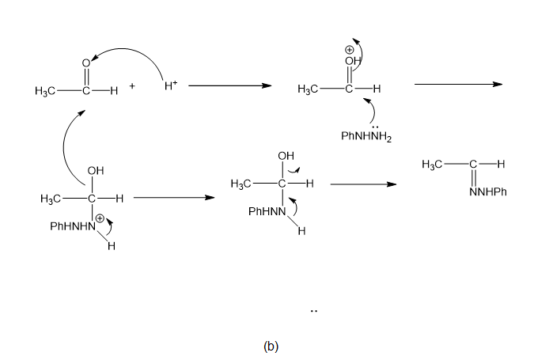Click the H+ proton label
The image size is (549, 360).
(x=171, y=85)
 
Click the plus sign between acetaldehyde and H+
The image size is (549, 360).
(x=132, y=85)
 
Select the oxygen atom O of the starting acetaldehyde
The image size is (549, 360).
(x=86, y=63)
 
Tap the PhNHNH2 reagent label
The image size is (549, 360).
(x=366, y=136)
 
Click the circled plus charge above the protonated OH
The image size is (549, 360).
(x=349, y=50)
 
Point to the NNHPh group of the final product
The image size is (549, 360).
(x=488, y=192)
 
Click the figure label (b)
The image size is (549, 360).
(x=271, y=346)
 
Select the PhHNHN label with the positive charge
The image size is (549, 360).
(x=73, y=226)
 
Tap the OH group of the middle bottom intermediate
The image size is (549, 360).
(x=286, y=156)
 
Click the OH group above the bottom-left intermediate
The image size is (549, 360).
(x=96, y=171)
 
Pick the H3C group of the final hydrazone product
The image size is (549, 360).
(x=432, y=165)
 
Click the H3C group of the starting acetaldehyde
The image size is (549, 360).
(x=45, y=91)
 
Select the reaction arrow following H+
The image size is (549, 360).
(x=229, y=85)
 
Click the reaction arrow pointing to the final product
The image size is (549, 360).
(x=363, y=184)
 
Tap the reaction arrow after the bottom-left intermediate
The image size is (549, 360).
(x=174, y=198)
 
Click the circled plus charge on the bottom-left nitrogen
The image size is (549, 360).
(x=100, y=218)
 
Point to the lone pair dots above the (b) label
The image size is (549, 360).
(x=314, y=311)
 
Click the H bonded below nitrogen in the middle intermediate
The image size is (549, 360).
(x=302, y=231)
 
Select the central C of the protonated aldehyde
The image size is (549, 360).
(x=349, y=89)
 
